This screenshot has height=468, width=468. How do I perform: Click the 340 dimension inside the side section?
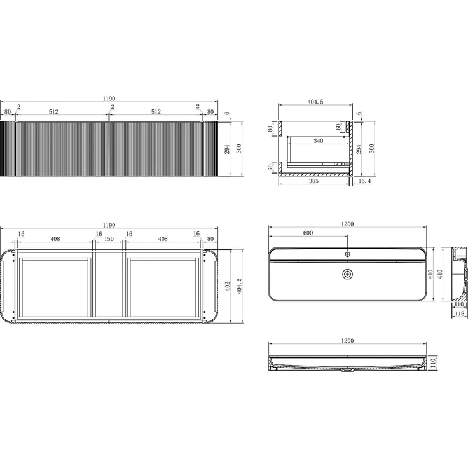318,141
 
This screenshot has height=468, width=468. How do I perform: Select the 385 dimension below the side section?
313,181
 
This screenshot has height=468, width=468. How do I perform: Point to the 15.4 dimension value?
364,181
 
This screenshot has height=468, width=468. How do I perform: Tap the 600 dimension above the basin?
308,233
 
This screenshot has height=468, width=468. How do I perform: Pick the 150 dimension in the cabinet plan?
109,239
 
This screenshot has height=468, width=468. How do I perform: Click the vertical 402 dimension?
228,286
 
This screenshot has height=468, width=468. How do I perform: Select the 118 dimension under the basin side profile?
459,313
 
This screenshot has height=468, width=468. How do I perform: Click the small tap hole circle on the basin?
347,254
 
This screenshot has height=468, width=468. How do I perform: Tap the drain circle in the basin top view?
347,274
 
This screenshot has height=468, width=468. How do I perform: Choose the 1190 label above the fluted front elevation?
109,99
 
